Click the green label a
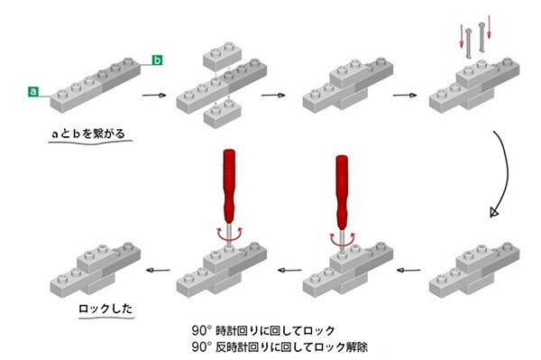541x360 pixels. tap(33, 92)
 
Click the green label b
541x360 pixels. tap(157, 60)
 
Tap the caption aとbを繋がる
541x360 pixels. tap(88, 134)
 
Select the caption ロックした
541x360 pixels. tap(105, 309)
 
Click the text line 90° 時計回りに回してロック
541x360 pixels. tap(263, 330)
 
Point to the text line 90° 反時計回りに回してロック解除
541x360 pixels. tap(280, 346)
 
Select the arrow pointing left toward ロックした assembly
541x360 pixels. tap(158, 271)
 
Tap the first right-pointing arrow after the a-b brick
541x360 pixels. tap(154, 96)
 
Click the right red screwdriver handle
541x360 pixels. tap(342, 192)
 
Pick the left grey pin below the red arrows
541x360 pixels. tap(469, 43)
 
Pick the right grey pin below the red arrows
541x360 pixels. tap(481, 37)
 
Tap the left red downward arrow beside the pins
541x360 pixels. tap(462, 36)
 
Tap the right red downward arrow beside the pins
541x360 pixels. tap(489, 27)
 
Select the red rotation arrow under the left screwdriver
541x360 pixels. tap(229, 234)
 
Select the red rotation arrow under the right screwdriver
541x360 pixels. tap(342, 238)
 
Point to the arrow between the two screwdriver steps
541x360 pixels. tap(289, 271)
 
